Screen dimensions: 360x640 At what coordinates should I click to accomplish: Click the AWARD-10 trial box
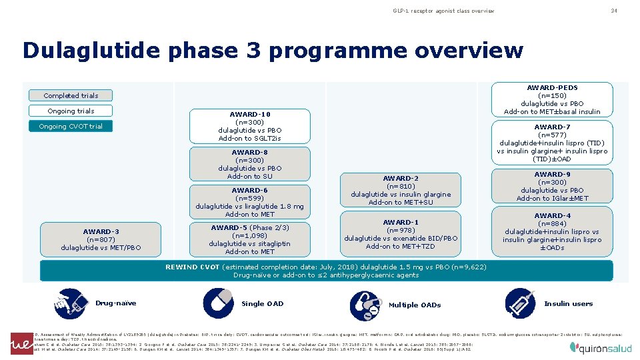click(x=250, y=127)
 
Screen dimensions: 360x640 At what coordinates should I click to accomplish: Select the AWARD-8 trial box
click(x=250, y=164)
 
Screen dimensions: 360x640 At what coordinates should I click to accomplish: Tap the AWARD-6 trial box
click(x=250, y=202)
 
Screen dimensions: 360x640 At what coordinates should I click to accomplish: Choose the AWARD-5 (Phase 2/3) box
click(x=250, y=239)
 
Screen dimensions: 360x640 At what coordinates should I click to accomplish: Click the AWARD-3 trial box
click(x=101, y=240)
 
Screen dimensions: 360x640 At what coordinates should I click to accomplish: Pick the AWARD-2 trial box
click(x=401, y=191)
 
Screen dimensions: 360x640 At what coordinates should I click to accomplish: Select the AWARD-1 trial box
click(x=401, y=235)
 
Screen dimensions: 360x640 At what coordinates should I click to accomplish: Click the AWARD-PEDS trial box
click(x=552, y=99)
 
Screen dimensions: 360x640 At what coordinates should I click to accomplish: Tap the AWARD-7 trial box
click(x=552, y=143)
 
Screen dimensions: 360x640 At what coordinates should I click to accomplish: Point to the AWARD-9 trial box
click(x=552, y=186)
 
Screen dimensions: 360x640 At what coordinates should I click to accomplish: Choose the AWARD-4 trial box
click(x=552, y=232)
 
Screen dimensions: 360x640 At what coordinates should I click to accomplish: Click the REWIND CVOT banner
click(x=326, y=271)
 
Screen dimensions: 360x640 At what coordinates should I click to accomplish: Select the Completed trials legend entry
click(x=71, y=95)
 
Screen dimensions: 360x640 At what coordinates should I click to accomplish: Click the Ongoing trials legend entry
click(x=71, y=111)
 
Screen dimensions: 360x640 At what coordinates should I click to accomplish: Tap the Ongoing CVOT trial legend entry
click(x=71, y=126)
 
